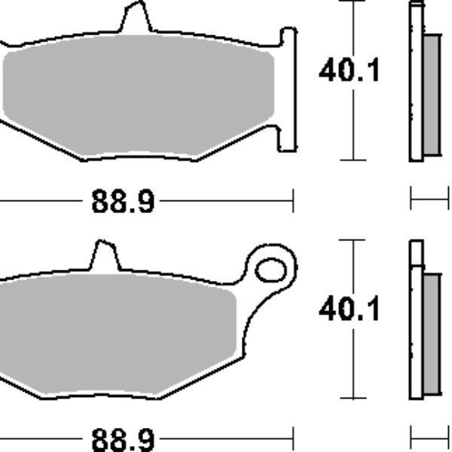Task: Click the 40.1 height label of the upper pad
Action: click(350, 72)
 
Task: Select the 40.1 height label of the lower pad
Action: click(350, 309)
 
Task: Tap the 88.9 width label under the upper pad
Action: click(123, 201)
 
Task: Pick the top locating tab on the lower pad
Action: click(103, 255)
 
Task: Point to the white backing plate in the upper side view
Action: click(415, 83)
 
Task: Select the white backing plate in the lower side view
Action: click(415, 324)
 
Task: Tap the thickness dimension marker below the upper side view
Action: click(428, 200)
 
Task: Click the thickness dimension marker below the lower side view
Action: click(428, 435)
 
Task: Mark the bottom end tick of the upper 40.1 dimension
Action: click(353, 160)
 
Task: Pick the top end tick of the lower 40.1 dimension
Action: click(353, 240)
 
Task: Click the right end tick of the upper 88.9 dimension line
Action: click(292, 200)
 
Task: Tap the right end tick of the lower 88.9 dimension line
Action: click(292, 436)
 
